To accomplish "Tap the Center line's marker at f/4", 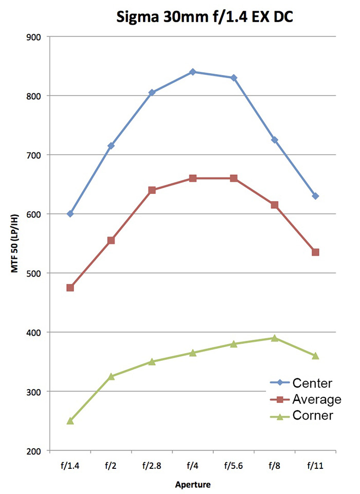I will (x=193, y=72).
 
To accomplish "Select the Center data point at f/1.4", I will (x=70, y=214).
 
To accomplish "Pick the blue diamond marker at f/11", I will (x=315, y=196).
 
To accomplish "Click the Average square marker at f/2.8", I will (x=152, y=190).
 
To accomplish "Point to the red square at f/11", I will (x=315, y=252).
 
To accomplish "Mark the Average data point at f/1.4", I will (x=70, y=288).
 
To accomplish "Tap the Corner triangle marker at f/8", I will (x=275, y=338).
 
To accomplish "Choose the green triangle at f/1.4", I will (x=70, y=420).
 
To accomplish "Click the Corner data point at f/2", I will (x=111, y=376).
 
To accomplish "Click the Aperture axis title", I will (x=193, y=484).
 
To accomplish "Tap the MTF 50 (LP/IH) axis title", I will (x=16, y=244).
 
